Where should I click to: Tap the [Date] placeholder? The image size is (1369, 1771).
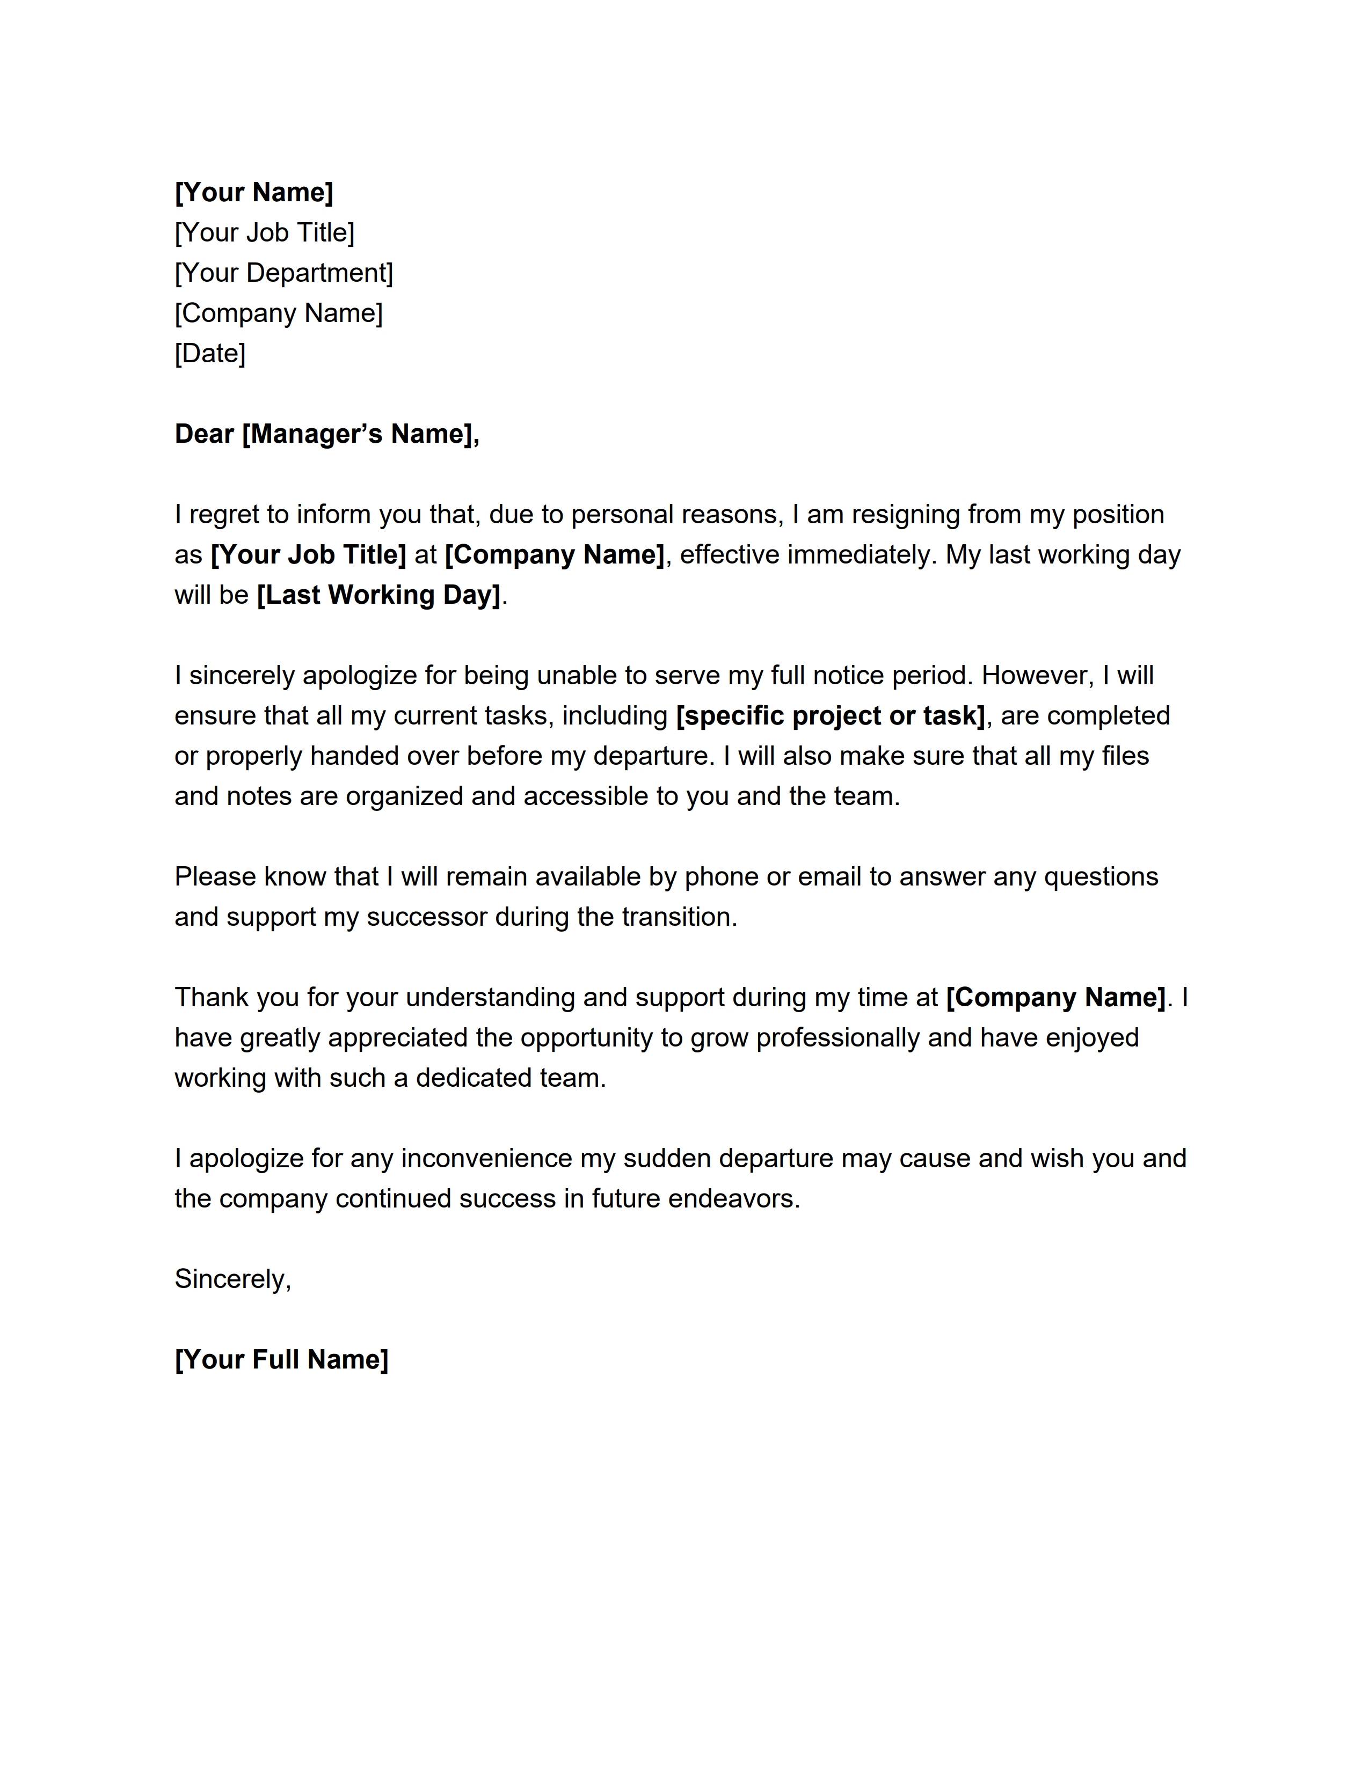point(209,354)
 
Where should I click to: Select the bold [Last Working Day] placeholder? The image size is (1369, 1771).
point(378,595)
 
